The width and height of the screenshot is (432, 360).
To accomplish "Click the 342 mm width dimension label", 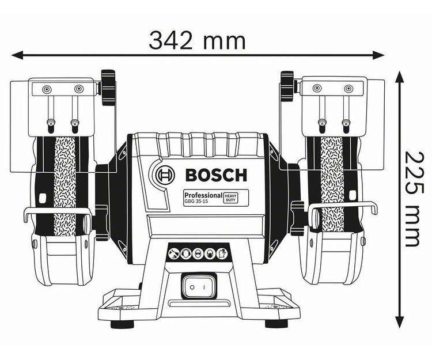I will point(197,40).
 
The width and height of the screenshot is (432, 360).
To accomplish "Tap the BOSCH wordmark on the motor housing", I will point(216,174).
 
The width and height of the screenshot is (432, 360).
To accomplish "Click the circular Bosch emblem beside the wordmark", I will point(164,173).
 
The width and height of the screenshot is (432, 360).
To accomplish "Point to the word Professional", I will point(203,195).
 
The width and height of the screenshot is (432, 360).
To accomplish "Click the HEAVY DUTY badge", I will point(232,198).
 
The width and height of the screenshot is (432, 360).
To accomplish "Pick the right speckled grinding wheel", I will point(331,184).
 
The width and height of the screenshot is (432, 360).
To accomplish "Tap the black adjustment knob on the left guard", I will point(107,88).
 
